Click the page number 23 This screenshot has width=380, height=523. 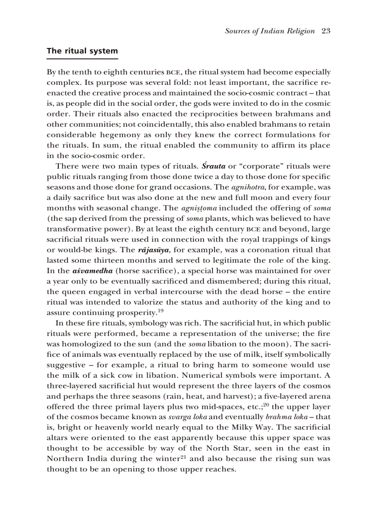[326, 31]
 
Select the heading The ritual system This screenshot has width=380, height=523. [82, 51]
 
